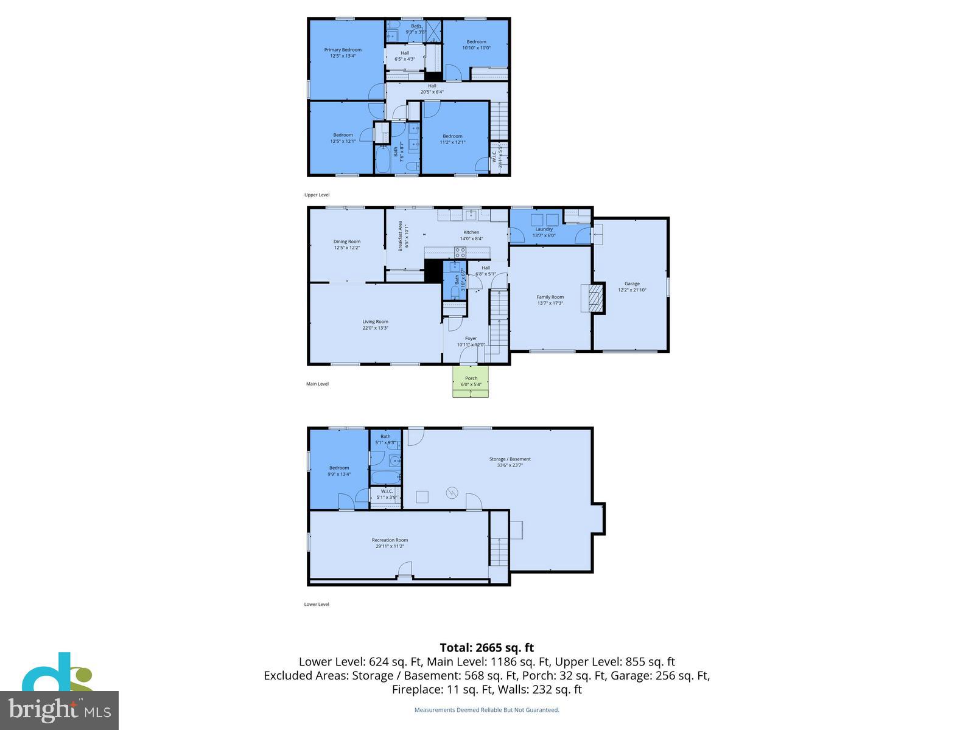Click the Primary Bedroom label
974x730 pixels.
[343, 50]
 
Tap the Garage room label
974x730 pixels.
[632, 283]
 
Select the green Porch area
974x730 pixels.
[471, 388]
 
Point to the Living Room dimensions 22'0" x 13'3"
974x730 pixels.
[375, 328]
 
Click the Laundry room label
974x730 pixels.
[544, 229]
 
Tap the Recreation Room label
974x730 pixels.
[390, 540]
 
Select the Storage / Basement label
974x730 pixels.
[510, 459]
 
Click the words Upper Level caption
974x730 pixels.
[317, 195]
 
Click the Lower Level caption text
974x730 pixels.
[317, 604]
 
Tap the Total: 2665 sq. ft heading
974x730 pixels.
[486, 648]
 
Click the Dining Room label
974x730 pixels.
[346, 242]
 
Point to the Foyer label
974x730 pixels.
[471, 338]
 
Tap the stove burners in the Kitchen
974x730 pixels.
[461, 252]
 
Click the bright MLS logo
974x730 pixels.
[59, 710]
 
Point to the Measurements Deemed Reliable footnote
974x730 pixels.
[486, 710]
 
